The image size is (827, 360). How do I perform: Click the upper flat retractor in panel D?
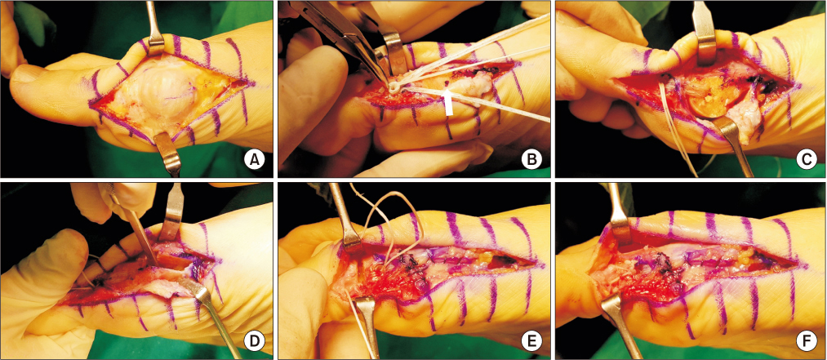[x=172, y=211]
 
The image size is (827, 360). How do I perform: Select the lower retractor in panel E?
[x=367, y=327]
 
